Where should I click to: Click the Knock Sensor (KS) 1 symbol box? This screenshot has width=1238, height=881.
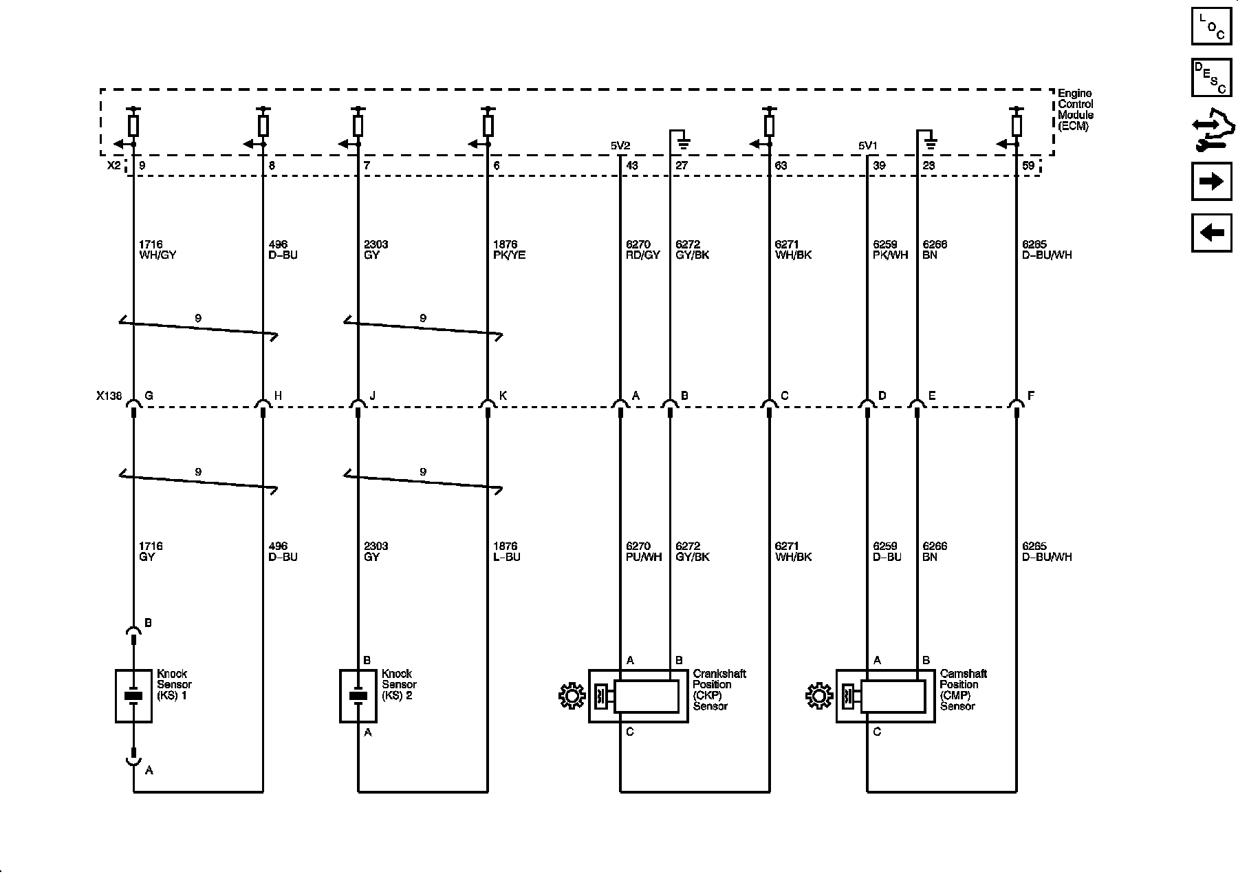tap(133, 696)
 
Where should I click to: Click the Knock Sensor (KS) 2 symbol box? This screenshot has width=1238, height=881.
tap(358, 696)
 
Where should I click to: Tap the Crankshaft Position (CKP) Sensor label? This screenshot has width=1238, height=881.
tap(719, 690)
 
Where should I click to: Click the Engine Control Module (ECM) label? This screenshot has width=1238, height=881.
tap(1075, 110)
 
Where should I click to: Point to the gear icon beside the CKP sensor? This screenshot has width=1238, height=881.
tap(571, 697)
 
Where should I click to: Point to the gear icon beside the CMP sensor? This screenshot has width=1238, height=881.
tap(818, 697)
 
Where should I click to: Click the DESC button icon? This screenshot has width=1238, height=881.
tap(1211, 77)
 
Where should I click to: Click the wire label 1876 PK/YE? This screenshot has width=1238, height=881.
tap(509, 250)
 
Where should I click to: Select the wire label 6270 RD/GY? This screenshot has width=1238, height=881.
tap(643, 250)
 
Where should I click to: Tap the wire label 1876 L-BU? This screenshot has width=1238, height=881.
tap(506, 551)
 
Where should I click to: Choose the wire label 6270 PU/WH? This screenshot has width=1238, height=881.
tap(644, 551)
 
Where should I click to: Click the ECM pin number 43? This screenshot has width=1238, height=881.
tap(631, 166)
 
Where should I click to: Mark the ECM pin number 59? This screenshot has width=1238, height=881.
tap(1028, 166)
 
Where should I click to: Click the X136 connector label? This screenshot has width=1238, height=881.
tap(109, 396)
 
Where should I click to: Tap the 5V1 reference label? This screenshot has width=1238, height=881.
tap(867, 146)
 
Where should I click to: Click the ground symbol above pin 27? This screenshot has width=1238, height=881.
tap(684, 144)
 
